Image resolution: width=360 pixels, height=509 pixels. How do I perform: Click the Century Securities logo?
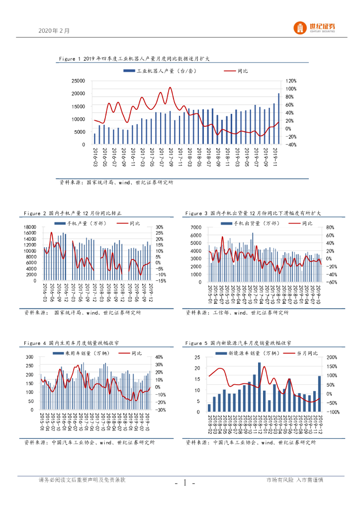coord(314,28)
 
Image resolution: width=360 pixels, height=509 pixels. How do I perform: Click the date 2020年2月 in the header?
coord(54,30)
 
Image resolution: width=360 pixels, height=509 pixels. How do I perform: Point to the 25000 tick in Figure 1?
coord(78,81)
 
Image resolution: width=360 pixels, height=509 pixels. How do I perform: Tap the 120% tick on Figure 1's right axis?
coord(291,81)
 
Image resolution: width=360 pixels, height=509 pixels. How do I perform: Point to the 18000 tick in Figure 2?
coord(29,227)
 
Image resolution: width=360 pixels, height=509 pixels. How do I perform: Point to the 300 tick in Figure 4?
coord(29,357)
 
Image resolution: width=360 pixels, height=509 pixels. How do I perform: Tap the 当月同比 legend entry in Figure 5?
coord(304,353)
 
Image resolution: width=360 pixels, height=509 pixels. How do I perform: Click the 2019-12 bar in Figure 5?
coord(320,394)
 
